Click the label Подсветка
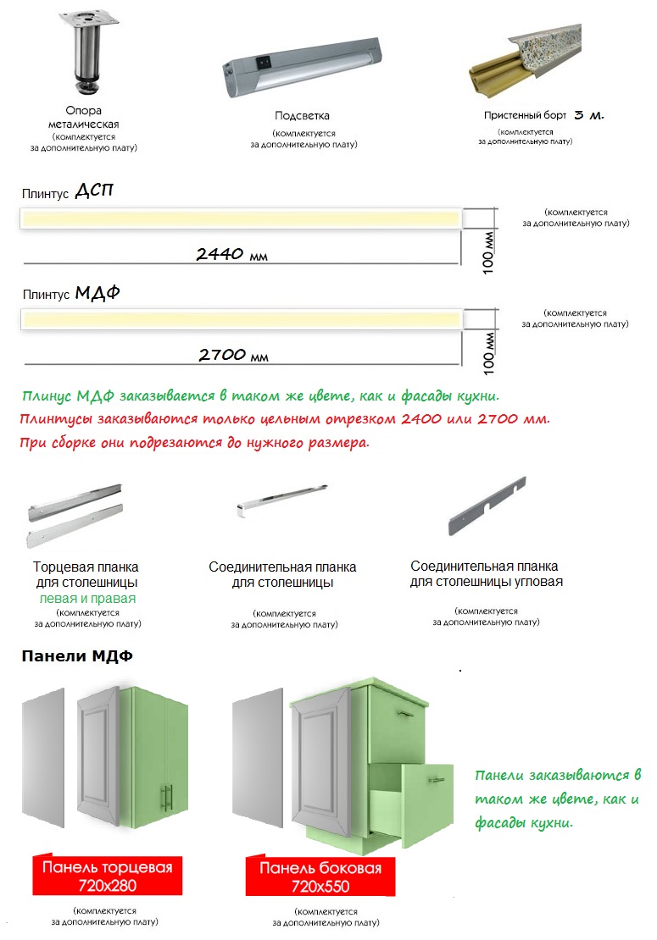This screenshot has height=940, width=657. point(302,116)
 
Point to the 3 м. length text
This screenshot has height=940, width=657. point(588,114)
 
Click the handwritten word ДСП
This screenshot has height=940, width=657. point(93,191)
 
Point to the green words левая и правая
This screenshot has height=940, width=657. point(87,598)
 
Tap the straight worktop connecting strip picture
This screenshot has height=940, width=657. point(281,499)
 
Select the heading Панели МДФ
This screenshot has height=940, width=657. point(77,656)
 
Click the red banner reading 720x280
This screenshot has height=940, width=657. point(107,876)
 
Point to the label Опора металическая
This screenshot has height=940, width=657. point(83,117)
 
